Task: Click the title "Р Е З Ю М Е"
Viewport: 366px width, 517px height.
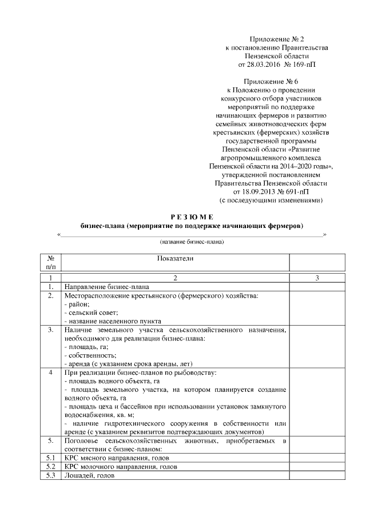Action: (191, 217)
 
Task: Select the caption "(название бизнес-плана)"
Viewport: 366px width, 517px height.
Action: (191, 242)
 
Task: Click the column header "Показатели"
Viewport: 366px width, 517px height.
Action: (175, 258)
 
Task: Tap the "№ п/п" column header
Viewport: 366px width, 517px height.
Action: (51, 262)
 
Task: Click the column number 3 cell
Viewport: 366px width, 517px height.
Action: (317, 278)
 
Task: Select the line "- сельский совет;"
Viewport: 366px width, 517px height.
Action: (91, 312)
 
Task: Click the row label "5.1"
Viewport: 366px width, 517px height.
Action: (51, 458)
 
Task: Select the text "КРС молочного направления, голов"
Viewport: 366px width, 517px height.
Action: (120, 467)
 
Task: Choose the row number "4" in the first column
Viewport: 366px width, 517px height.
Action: (51, 372)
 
